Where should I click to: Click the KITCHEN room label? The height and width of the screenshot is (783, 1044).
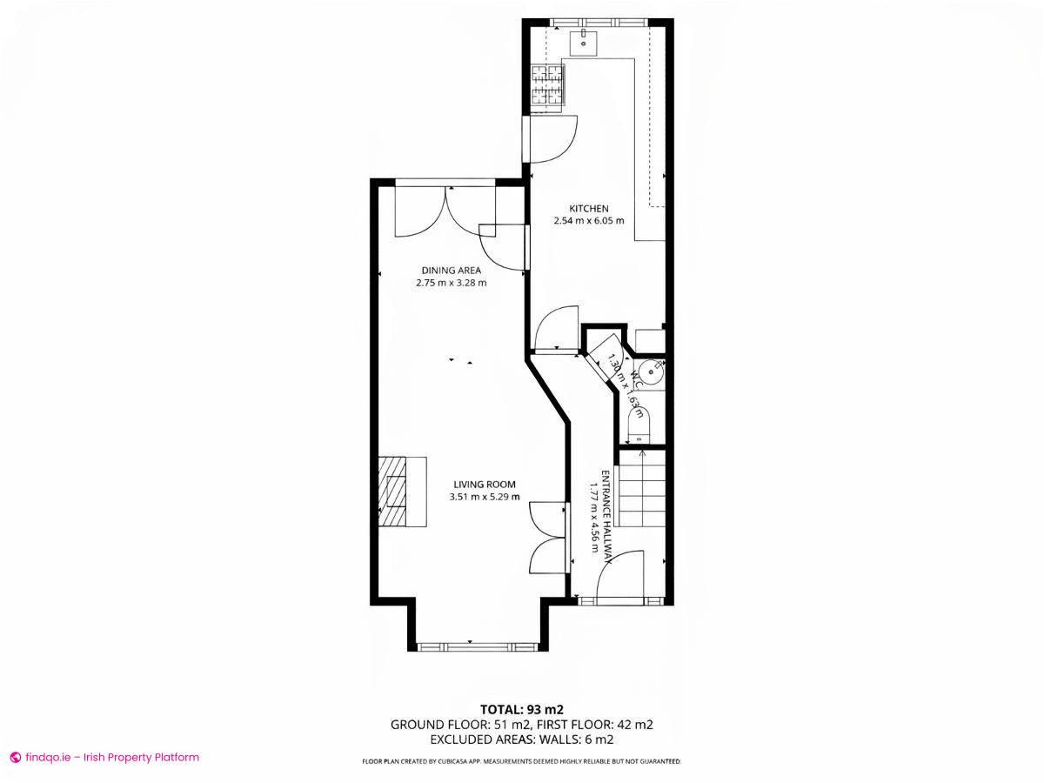point(588,209)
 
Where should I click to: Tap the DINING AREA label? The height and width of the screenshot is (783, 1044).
point(451,271)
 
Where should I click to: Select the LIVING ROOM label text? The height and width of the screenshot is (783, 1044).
point(484,485)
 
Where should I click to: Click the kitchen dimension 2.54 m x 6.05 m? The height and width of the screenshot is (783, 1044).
point(588,221)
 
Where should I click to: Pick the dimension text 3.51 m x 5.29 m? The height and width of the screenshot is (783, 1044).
point(484,498)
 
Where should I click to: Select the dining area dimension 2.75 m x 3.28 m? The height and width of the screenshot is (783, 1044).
point(451,283)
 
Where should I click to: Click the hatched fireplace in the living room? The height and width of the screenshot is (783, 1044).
point(396,492)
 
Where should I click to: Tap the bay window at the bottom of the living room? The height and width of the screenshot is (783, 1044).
point(476,646)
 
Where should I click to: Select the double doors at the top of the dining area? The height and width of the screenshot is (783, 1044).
point(445,211)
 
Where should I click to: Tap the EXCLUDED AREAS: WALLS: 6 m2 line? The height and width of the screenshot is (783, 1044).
point(521,739)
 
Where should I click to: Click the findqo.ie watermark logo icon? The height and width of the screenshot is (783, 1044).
point(15,758)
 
